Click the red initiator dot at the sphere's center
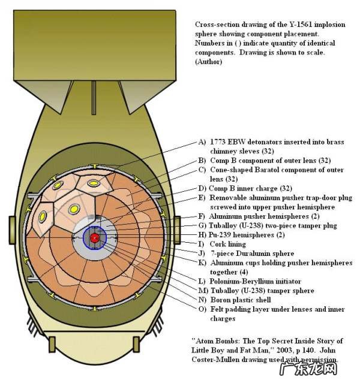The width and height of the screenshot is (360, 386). tap(95, 238)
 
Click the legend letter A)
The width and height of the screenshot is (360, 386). tap(202, 143)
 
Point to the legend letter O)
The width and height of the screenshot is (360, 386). tap(202, 309)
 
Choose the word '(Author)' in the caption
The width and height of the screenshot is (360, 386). tap(209, 62)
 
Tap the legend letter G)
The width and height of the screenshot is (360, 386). tap(202, 225)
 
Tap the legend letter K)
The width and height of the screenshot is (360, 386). tap(202, 263)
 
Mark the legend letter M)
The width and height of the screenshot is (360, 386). tap(202, 291)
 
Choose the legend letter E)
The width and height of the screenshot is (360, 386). tap(202, 197)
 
